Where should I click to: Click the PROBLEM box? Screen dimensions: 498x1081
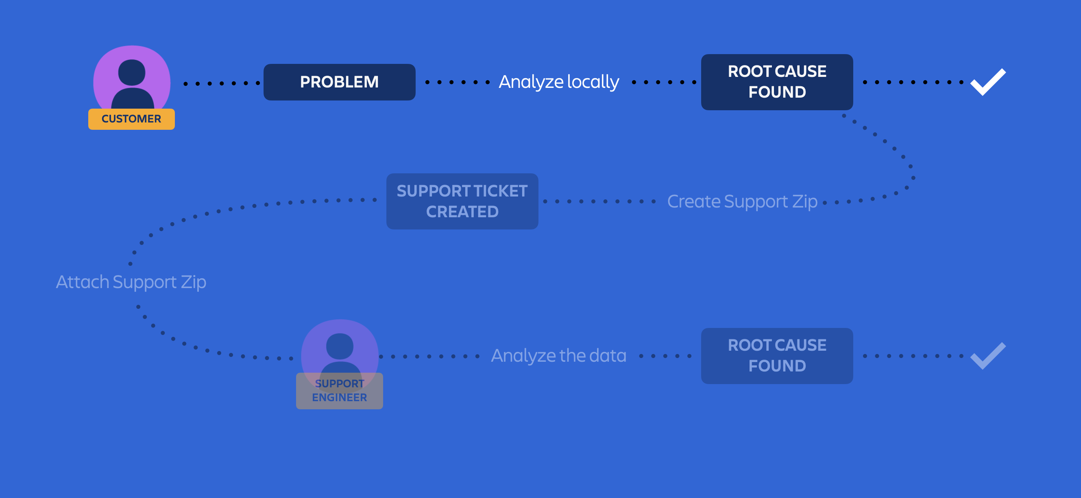tap(339, 82)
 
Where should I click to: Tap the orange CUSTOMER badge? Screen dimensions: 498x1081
tap(131, 119)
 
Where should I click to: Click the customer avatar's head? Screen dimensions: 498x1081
tap(132, 72)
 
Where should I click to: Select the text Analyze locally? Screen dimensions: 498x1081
tap(558, 82)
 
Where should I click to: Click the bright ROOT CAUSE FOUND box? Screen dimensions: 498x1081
tap(777, 82)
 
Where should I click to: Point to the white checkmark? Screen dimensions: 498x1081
tap(988, 82)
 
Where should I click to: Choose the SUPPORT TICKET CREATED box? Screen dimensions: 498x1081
tap(462, 201)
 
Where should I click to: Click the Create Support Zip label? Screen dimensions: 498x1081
tap(742, 201)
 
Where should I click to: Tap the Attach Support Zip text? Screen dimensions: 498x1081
tap(131, 282)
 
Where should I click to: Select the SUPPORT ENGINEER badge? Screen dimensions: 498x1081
tap(339, 391)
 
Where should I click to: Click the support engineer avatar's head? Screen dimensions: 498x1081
tap(340, 346)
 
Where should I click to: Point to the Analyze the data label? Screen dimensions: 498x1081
tap(558, 356)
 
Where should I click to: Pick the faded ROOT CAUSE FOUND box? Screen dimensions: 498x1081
tap(777, 356)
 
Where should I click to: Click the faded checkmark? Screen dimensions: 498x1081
tap(988, 356)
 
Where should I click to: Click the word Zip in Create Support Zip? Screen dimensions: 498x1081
tap(804, 201)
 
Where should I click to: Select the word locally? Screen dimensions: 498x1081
tap(593, 82)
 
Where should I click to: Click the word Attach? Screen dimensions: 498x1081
tap(82, 282)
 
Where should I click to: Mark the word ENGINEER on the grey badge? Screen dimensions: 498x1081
tap(339, 397)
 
